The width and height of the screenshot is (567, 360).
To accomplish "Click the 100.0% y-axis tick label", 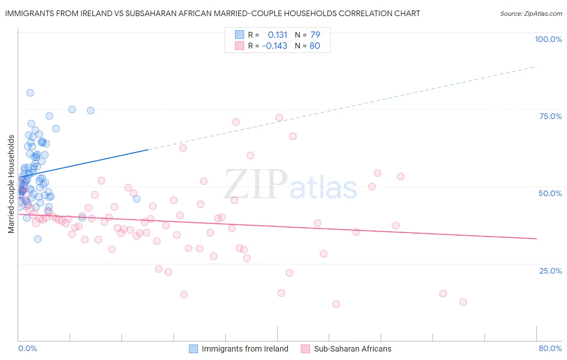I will (x=548, y=39).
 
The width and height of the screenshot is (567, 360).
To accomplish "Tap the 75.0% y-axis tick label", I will (x=550, y=116).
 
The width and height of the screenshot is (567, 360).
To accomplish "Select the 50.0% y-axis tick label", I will (x=550, y=193).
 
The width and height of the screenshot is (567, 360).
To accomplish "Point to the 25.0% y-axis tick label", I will (x=550, y=270).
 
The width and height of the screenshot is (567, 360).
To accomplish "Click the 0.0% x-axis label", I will (x=27, y=348).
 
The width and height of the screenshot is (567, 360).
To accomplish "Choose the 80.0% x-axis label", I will (x=550, y=348).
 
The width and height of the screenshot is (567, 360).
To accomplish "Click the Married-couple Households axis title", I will (x=11, y=184).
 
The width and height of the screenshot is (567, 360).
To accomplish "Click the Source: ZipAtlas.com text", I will (x=531, y=13).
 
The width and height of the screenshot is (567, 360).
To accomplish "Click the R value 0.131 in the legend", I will (x=277, y=35).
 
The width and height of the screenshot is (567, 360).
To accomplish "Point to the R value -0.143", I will (x=275, y=46).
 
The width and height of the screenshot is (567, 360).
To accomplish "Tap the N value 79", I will (x=315, y=35).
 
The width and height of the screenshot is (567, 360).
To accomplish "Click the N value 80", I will (x=315, y=46).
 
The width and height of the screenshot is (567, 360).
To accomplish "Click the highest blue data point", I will (x=30, y=93).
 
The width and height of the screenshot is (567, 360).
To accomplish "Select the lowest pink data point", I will (x=336, y=304).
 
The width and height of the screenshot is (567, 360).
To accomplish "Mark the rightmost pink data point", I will (x=463, y=302).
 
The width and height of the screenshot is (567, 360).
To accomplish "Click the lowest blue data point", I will (x=38, y=239).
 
